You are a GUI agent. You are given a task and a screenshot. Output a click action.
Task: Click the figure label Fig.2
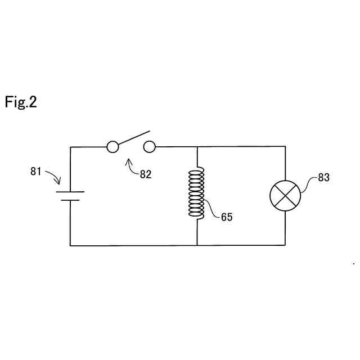tap(21, 102)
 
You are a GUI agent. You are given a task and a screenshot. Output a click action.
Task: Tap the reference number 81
tap(36, 172)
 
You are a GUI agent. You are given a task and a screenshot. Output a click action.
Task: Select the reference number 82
tap(145, 174)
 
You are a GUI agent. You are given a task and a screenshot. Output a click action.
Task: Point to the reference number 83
tap(323, 178)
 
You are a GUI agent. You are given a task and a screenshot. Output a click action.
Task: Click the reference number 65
tap(227, 217)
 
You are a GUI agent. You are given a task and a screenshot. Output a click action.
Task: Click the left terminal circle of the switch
tap(112, 147)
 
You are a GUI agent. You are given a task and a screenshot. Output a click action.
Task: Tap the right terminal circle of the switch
tap(149, 147)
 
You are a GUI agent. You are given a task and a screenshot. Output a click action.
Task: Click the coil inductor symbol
tap(197, 193)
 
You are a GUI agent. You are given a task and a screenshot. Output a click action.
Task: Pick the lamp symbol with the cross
tap(285, 196)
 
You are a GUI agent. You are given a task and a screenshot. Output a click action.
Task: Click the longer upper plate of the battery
tap(70, 192)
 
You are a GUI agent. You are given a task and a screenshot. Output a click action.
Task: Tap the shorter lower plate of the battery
tap(70, 200)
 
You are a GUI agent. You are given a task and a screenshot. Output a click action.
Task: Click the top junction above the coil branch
tap(197, 147)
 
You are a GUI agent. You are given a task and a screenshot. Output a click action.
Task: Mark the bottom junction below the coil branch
tap(197, 245)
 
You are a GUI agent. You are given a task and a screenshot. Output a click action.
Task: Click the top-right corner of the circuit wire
tap(285, 147)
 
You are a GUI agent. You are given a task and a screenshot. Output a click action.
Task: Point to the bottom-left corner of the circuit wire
tap(70, 245)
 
